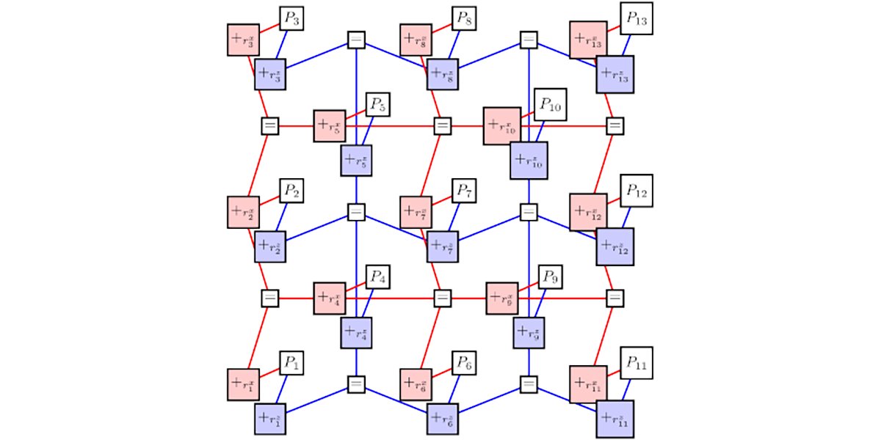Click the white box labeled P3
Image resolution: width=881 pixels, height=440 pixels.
[291, 20]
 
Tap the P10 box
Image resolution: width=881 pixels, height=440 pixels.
[551, 107]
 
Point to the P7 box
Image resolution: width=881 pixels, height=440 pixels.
[464, 192]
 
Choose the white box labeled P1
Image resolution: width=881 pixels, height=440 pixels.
[291, 363]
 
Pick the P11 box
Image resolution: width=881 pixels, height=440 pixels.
[636, 363]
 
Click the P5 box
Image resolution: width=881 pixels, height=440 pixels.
[377, 104]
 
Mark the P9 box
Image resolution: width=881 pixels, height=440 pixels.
[551, 277]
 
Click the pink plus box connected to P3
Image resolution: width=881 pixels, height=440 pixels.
[242, 40]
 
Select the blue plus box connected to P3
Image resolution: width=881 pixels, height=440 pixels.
[269, 76]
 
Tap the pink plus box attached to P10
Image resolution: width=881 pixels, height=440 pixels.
[502, 126]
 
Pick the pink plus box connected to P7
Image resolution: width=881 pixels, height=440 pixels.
[415, 212]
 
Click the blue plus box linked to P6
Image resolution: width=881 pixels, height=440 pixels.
[443, 418]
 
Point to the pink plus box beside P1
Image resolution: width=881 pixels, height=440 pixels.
[242, 383]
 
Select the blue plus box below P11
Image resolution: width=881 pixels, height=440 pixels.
[615, 418]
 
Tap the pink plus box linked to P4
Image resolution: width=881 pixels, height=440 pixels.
[328, 298]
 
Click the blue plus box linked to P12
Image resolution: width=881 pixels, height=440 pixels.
[615, 246]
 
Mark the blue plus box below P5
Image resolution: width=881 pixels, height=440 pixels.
[356, 161]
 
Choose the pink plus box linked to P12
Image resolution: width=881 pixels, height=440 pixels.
[588, 212]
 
